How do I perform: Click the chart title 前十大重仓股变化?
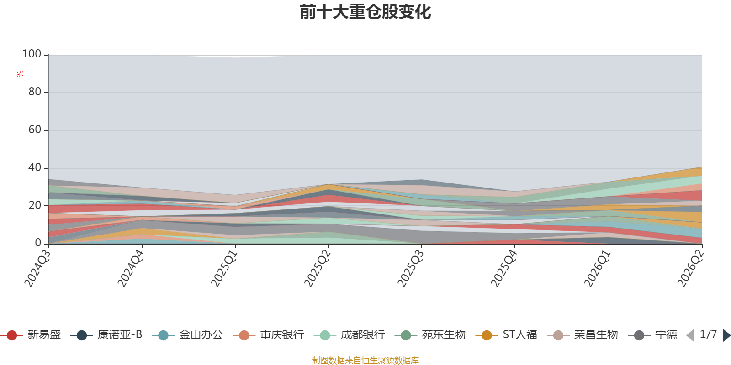(x=365, y=12)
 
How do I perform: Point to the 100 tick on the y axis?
(x=32, y=54)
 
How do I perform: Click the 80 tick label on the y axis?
(x=35, y=92)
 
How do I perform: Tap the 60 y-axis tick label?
(x=35, y=130)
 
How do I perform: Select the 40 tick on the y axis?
(x=35, y=168)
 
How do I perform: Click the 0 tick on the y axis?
(x=38, y=243)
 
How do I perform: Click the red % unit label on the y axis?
(x=20, y=74)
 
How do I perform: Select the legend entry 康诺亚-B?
(x=106, y=335)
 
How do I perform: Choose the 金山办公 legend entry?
(x=188, y=335)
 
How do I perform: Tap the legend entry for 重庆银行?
(x=269, y=335)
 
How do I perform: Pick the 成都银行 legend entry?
(x=350, y=335)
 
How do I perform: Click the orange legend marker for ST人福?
(x=487, y=335)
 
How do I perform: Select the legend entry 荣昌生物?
(x=583, y=335)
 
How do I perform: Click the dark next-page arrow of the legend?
(x=726, y=335)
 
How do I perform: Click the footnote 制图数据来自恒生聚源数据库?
(x=365, y=360)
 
